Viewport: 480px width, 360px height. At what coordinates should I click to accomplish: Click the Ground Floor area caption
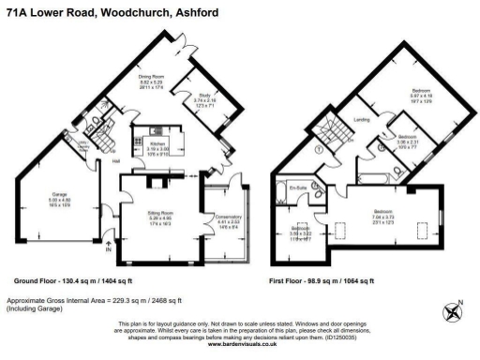click(73, 280)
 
